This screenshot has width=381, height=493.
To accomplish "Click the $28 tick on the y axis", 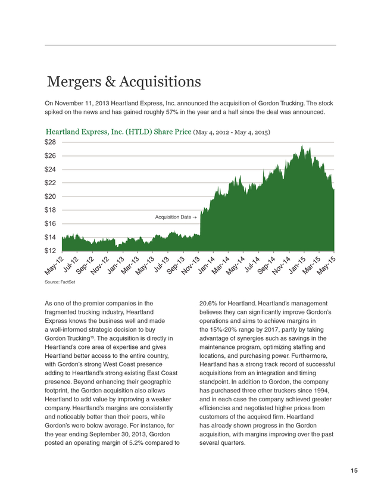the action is click(x=50, y=142).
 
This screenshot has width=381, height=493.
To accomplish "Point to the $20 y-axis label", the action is click(x=50, y=196).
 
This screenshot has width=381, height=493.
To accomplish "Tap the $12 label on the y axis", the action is click(x=50, y=251).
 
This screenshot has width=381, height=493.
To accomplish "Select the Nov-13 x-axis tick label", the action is click(x=191, y=266).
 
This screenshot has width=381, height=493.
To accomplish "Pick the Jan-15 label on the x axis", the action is click(x=297, y=266).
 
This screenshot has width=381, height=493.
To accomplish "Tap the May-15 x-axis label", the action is click(x=326, y=266).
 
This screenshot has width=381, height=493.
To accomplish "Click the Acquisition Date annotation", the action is click(x=176, y=217).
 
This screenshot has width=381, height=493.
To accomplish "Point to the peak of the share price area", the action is click(x=302, y=145).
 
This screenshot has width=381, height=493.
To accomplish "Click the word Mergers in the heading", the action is click(x=74, y=82).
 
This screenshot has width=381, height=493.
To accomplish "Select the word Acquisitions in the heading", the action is click(x=160, y=82).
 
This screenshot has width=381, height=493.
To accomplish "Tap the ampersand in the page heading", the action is click(x=110, y=82).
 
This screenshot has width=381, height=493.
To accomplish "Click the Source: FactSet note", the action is click(x=60, y=282).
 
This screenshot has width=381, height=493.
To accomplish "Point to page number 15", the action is click(x=354, y=471).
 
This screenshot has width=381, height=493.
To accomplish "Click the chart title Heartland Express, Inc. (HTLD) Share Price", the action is click(x=118, y=132).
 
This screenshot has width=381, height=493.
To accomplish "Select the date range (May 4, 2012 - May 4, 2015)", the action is click(x=232, y=132).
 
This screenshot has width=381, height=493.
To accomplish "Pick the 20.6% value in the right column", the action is click(x=208, y=304).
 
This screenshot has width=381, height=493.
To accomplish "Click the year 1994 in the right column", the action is click(x=321, y=391).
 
